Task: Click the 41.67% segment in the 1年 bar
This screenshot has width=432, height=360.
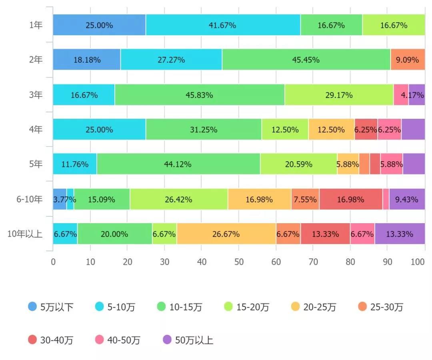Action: click(x=223, y=25)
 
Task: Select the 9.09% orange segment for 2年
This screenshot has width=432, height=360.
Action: click(x=407, y=60)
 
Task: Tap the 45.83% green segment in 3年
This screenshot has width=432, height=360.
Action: click(x=199, y=95)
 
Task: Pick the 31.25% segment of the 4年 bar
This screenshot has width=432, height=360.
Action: click(x=204, y=130)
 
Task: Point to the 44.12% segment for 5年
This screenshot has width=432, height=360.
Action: click(x=178, y=164)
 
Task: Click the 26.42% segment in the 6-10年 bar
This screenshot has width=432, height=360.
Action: click(x=178, y=199)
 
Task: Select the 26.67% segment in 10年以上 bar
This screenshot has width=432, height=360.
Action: click(x=226, y=234)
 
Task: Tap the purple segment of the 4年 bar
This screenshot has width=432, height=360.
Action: click(x=413, y=130)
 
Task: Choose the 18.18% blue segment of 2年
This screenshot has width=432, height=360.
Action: click(x=87, y=60)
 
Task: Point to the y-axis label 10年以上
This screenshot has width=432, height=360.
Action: click(x=25, y=234)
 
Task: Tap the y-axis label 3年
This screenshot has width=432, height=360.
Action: click(x=36, y=95)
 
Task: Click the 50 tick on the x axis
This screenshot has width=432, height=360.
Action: click(x=238, y=262)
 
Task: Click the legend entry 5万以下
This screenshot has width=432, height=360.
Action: click(x=51, y=307)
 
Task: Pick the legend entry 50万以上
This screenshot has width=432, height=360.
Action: click(x=188, y=340)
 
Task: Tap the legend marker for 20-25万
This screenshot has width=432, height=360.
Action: click(x=296, y=307)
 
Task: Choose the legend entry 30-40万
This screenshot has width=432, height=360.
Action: click(x=51, y=340)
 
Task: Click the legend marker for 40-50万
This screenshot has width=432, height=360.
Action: click(x=100, y=340)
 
